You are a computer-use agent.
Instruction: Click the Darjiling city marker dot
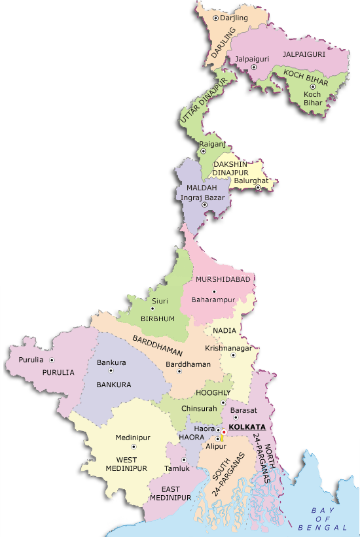click(215, 18)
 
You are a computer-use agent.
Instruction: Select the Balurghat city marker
click(258, 188)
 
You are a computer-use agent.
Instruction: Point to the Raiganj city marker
click(202, 151)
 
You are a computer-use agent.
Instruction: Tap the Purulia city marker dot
click(52, 360)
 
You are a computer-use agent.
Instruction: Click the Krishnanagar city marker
click(232, 355)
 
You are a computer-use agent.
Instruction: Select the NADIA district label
click(225, 331)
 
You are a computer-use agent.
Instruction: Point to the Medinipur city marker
click(133, 447)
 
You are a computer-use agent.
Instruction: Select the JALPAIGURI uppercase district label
click(304, 55)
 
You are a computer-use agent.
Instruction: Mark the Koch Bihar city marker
click(313, 86)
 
